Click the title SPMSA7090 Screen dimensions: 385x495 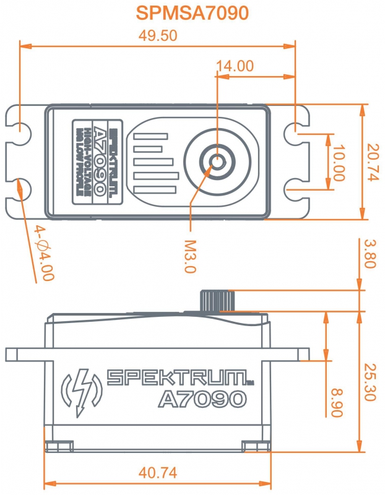click(192, 13)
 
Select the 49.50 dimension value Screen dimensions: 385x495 click(158, 36)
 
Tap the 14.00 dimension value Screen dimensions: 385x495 click(235, 66)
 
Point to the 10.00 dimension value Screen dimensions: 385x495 click(339, 163)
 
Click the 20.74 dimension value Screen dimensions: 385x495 click(373, 162)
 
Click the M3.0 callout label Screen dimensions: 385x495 click(191, 256)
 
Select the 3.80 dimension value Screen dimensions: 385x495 click(370, 254)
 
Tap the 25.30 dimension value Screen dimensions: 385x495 click(370, 382)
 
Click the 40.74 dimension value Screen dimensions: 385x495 click(158, 473)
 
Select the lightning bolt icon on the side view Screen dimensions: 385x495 click(82, 393)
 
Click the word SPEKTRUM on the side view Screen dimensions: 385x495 click(177, 377)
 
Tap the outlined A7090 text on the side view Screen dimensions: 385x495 click(202, 399)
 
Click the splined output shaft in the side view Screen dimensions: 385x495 click(217, 301)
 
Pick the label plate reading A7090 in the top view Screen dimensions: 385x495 click(97, 161)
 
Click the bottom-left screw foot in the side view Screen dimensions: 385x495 click(59, 446)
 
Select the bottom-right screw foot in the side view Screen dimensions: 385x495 click(256, 446)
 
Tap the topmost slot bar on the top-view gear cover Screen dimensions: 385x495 click(150, 136)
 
